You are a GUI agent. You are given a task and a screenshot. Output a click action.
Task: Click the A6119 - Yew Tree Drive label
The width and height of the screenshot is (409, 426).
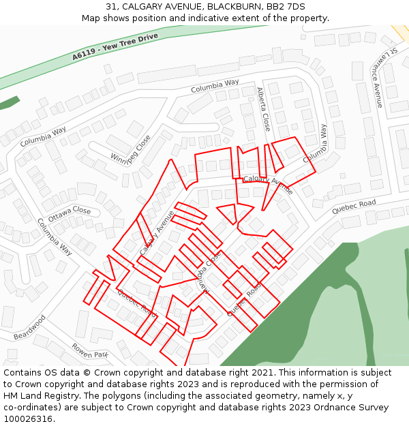coord(115,45)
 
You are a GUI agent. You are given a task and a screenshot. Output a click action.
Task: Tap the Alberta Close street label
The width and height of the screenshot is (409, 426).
coord(263,109)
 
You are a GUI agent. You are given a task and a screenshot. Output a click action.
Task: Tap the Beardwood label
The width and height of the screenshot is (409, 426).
coord(29,327)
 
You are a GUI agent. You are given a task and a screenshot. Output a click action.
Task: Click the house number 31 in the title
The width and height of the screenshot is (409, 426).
coord(111,7)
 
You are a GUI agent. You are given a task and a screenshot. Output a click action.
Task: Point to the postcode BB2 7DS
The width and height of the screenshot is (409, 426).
coord(286,7)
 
